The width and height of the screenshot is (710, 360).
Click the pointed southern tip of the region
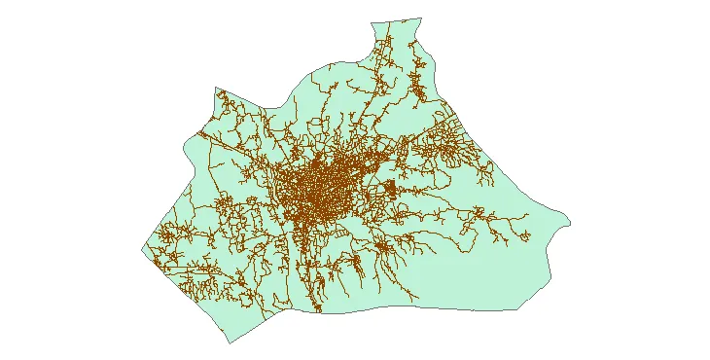coord(229,343)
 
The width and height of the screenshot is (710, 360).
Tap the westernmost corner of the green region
coord(142,249)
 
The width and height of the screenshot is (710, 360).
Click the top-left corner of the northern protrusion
coord(370,21)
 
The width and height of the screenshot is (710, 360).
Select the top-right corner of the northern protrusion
coord(420,17)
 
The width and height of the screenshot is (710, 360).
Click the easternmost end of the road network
coord(529,235)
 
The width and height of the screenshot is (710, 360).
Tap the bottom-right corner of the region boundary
coord(515,310)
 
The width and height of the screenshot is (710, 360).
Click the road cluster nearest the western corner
coord(170,238)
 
